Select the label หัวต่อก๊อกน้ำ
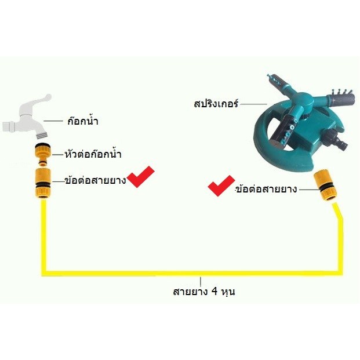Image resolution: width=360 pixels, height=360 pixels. pyautogui.click(x=96, y=155)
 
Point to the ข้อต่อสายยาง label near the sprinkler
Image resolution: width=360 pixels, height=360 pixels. pyautogui.click(x=267, y=189)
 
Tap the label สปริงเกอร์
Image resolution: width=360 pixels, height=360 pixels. pyautogui.click(x=216, y=105)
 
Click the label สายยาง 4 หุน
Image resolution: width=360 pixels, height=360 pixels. pyautogui.click(x=203, y=291)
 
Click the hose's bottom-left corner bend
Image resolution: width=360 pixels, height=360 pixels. pyautogui.click(x=43, y=270)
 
